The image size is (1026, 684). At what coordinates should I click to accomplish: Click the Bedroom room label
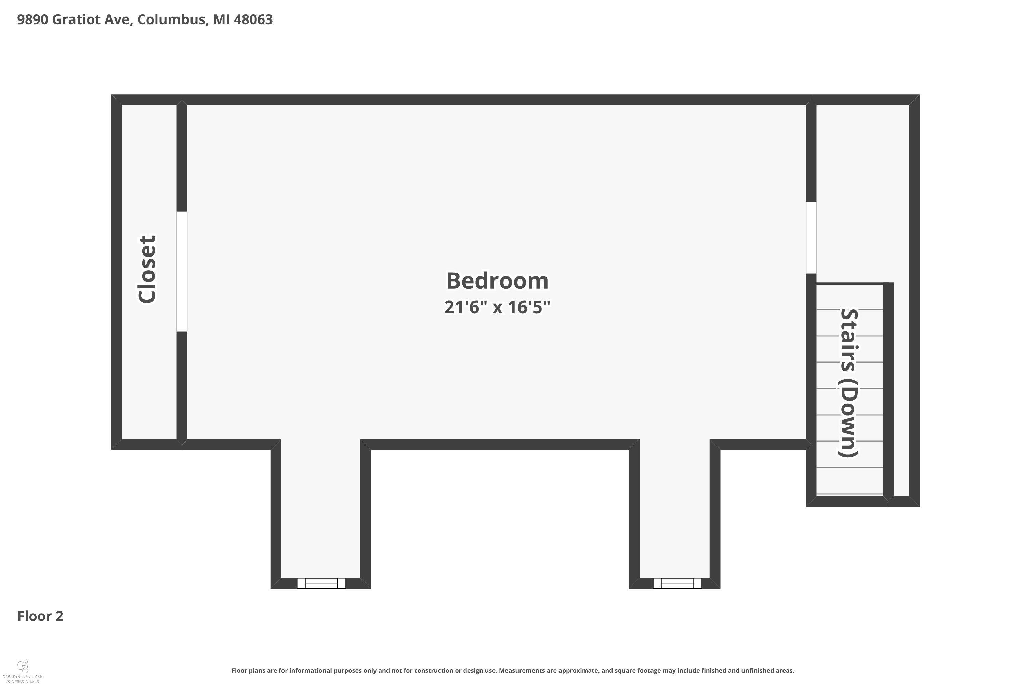click(497, 280)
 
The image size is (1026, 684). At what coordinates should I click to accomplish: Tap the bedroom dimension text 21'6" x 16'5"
click(497, 307)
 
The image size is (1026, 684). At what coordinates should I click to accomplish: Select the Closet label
click(147, 269)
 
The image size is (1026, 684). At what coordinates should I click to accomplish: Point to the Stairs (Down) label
click(849, 383)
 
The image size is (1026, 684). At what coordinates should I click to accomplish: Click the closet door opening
click(182, 271)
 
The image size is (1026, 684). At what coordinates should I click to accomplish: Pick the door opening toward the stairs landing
click(811, 238)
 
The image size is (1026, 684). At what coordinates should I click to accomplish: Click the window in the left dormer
click(321, 583)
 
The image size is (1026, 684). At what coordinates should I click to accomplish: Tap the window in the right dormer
click(677, 583)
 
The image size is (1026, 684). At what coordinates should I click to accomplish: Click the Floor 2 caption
click(40, 616)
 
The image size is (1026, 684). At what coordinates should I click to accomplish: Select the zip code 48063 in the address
click(253, 19)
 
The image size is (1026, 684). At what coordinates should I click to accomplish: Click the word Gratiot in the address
click(76, 19)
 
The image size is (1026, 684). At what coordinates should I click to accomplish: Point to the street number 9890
click(33, 19)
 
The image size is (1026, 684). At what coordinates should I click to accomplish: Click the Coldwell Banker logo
click(23, 671)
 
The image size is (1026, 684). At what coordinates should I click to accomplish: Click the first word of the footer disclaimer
click(239, 670)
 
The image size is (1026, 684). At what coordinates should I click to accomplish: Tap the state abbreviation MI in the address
click(221, 19)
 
